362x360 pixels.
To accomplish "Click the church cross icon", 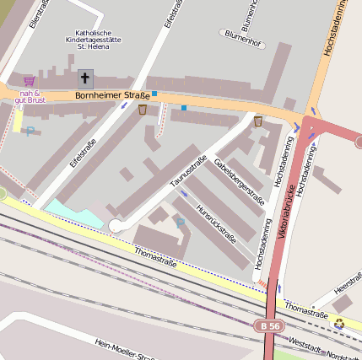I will [x=85, y=79].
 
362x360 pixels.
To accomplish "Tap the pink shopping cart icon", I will [x=30, y=81].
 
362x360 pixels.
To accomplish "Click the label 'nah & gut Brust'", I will [x=30, y=96].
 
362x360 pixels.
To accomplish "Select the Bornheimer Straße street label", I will [x=112, y=95].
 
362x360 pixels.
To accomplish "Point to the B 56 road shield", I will [x=269, y=325].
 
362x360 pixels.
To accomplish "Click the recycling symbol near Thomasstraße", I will [x=338, y=322].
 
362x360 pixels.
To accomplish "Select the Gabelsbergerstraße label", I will [x=240, y=181].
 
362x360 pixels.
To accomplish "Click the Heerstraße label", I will [x=347, y=288].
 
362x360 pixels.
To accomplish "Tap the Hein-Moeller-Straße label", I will [x=127, y=348].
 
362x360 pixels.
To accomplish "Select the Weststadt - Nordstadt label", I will [x=324, y=347].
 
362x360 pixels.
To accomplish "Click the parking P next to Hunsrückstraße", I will [x=180, y=223].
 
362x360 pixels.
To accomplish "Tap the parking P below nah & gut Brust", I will [x=31, y=131].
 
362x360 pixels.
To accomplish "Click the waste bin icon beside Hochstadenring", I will [x=257, y=121].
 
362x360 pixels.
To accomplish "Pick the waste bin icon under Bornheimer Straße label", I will [x=142, y=110].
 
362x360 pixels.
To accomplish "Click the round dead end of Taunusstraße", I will [x=116, y=225].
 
